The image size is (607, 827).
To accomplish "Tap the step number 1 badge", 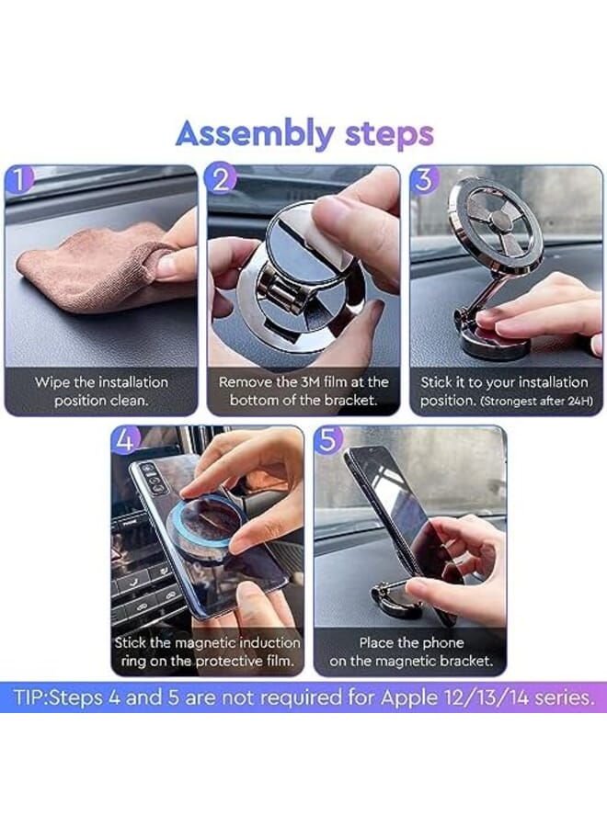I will click(19, 180).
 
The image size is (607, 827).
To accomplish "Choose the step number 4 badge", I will click(126, 440).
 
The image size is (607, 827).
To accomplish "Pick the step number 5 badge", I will click(328, 440).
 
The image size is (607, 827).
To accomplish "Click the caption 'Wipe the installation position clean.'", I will click(101, 391).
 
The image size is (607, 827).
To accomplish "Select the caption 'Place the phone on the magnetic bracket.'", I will click(409, 651).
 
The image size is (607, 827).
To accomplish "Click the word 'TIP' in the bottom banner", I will click(30, 697).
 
